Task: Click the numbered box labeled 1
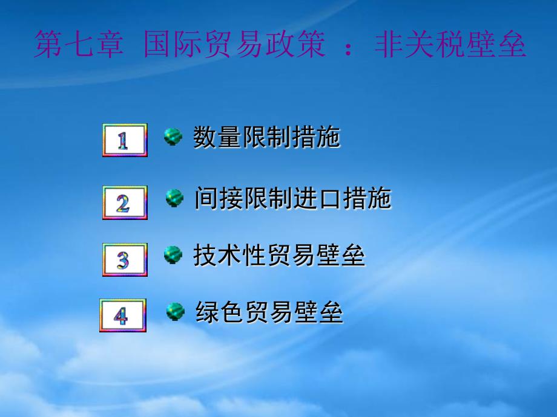[124, 140]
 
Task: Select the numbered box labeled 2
[124, 202]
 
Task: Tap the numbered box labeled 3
[124, 260]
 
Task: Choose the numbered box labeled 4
[122, 315]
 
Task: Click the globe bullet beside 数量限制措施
[173, 137]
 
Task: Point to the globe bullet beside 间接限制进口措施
[175, 197]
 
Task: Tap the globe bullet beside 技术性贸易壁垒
[173, 255]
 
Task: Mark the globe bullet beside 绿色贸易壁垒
[176, 312]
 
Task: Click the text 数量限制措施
[266, 137]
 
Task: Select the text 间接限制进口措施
[292, 198]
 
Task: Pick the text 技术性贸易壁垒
[279, 256]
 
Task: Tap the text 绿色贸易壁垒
[269, 312]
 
